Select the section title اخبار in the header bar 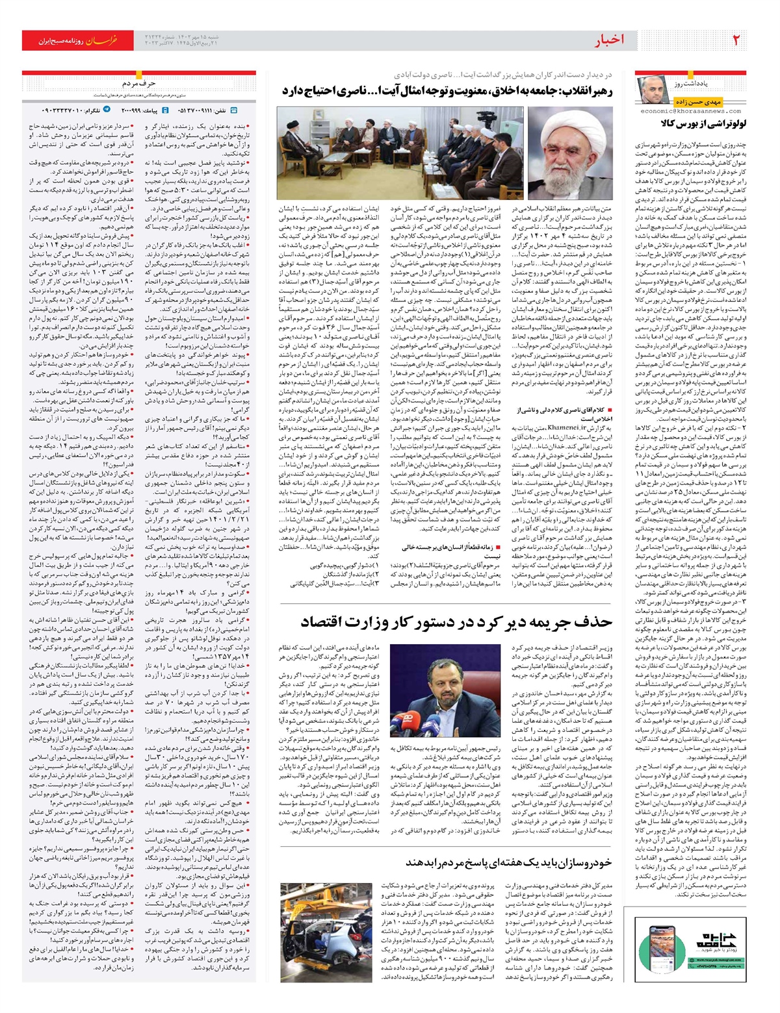click(x=608, y=40)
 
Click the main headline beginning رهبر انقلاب click(x=448, y=90)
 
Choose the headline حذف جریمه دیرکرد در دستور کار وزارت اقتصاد click(x=456, y=622)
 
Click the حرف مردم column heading click(x=138, y=83)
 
